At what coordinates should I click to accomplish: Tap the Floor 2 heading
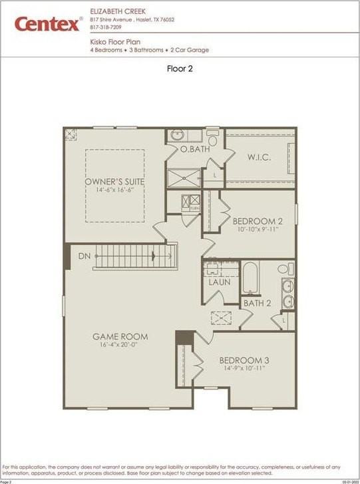[179, 68]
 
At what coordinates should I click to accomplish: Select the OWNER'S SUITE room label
[114, 182]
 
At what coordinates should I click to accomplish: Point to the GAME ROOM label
[120, 337]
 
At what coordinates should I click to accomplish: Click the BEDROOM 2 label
[254, 220]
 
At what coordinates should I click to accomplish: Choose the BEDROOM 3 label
[244, 361]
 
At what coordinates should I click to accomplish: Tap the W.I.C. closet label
[258, 158]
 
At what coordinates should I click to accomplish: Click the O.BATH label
[195, 150]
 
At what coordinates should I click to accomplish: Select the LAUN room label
[219, 282]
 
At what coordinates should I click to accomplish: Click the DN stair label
[85, 256]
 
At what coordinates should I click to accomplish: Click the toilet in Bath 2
[283, 269]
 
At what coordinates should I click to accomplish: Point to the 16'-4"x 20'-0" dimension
[120, 346]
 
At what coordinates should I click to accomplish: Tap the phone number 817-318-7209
[106, 27]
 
